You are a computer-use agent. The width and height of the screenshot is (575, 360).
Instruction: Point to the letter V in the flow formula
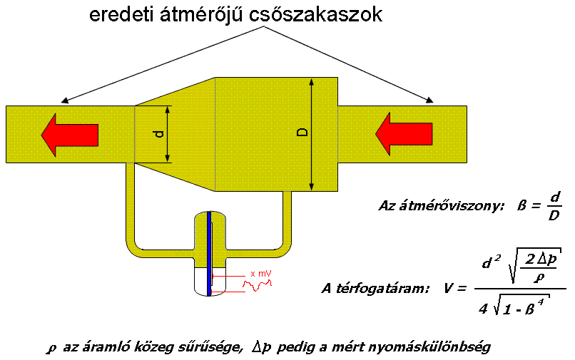tap(449, 288)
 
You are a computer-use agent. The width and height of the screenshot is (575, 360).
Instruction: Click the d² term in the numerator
tap(489, 264)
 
